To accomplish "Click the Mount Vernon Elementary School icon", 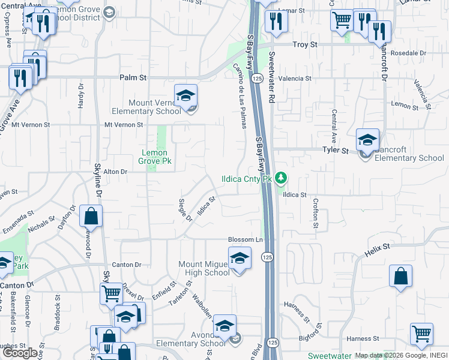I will point(186,96).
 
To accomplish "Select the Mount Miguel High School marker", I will point(240,259).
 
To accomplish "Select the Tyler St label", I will point(336,151).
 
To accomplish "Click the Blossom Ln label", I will point(246,240).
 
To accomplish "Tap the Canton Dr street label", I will point(126,265).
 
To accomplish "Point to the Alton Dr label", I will point(116,172).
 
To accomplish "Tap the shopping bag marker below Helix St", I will point(400,277).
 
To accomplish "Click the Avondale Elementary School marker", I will point(225,326).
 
